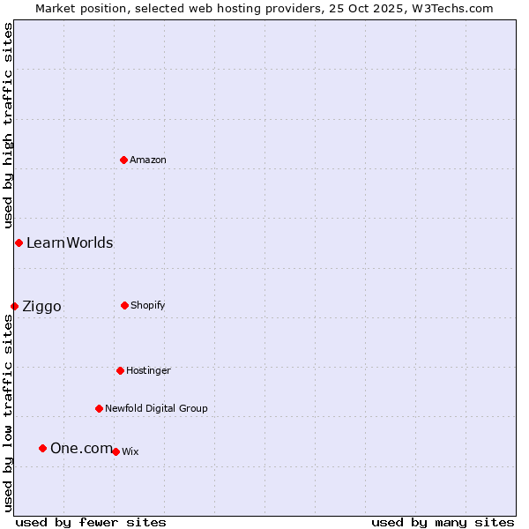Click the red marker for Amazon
coord(123,160)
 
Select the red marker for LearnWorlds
coord(19,242)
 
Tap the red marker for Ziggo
coord(14,306)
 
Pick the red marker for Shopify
coord(124,305)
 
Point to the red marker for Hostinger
coord(120,370)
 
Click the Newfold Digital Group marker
coord(99,408)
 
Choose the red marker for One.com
coord(42,448)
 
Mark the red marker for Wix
coord(115,451)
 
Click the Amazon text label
coord(148,160)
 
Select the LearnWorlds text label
coord(70,242)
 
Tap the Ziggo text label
coord(41,306)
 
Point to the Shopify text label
coord(148,305)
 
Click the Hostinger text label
coord(148,370)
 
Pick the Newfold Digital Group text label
coord(156,408)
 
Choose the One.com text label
coord(81,448)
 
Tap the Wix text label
coord(130,451)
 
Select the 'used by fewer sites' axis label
coord(91,522)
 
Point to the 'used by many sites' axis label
coord(443,522)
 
